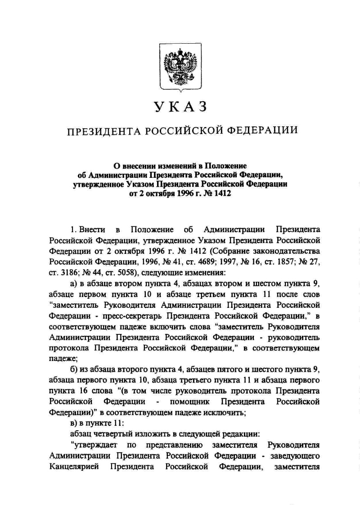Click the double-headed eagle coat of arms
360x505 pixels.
pos(180,67)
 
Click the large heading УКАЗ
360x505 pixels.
pos(180,107)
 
